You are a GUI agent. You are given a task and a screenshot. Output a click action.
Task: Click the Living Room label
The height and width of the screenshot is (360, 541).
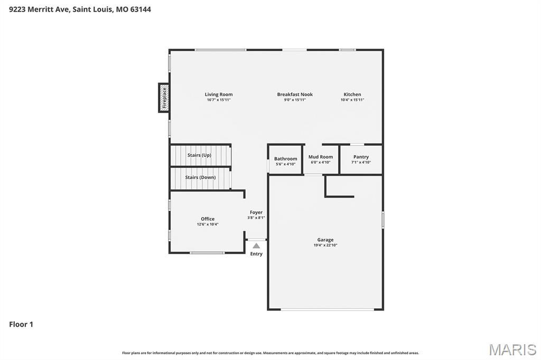click(x=219, y=94)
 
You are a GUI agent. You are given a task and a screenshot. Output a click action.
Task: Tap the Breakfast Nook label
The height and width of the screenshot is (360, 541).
click(x=295, y=94)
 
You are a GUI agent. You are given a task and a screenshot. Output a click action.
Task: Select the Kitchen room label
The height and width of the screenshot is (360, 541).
click(x=352, y=94)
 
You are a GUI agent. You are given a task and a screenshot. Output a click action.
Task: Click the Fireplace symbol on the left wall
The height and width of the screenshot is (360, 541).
click(x=164, y=98)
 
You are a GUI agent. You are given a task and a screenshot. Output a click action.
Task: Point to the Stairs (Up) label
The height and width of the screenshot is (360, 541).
click(x=199, y=155)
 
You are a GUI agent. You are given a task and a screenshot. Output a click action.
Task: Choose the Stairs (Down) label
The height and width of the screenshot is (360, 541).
click(x=200, y=177)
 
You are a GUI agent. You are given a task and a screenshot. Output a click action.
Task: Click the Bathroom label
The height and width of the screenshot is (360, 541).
click(x=285, y=159)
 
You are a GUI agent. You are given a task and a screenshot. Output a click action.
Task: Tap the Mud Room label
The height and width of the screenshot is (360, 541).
click(x=321, y=157)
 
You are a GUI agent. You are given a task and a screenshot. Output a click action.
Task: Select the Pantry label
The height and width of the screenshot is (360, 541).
click(x=361, y=157)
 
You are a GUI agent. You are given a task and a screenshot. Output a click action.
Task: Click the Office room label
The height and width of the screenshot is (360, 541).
click(x=208, y=219)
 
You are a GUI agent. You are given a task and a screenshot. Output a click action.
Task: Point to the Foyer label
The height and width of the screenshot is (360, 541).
click(x=256, y=212)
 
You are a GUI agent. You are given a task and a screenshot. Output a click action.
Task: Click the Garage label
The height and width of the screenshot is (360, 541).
click(x=325, y=240)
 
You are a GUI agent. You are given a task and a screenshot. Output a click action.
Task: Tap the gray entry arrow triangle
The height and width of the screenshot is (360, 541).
click(x=256, y=245)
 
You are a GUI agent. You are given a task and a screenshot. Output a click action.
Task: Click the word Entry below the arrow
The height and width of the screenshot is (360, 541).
click(x=256, y=254)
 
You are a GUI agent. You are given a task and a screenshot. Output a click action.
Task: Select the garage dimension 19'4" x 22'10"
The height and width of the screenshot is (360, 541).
click(x=325, y=245)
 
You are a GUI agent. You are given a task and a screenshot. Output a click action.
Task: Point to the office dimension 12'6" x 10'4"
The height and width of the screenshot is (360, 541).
click(x=208, y=224)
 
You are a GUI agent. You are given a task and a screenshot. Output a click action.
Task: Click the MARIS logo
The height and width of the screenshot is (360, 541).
click(x=512, y=349)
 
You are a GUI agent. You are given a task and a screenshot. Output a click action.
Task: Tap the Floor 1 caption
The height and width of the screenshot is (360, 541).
click(x=21, y=325)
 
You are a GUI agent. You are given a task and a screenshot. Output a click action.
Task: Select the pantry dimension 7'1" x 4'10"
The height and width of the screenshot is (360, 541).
click(x=361, y=163)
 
